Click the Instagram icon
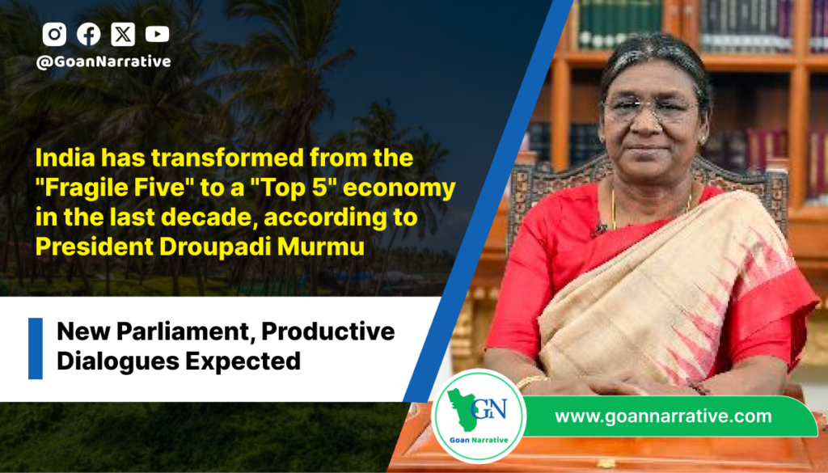coord(54,34)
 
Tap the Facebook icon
coord(89,34)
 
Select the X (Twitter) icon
coord(123,34)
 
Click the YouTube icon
coord(158,34)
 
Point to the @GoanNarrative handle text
coord(103,61)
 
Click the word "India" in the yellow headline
coord(65,158)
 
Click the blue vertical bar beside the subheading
coord(36,348)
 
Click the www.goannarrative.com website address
coord(663,416)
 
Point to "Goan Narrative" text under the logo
coord(479,440)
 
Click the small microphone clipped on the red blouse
coord(599,230)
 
